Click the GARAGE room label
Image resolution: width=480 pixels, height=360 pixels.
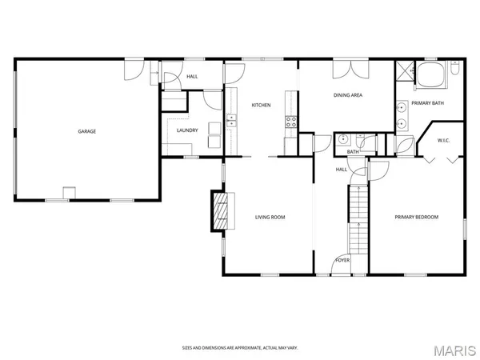tap(86, 131)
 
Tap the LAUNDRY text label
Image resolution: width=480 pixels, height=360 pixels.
tap(187, 131)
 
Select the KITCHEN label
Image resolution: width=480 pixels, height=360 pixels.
tap(262, 106)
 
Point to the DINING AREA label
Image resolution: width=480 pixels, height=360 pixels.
tap(348, 95)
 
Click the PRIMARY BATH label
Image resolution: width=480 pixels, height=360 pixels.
tap(428, 103)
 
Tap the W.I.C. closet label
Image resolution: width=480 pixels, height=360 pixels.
tap(445, 142)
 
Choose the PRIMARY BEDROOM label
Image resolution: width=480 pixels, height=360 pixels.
tap(416, 218)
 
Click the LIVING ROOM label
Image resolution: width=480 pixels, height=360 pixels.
tap(270, 218)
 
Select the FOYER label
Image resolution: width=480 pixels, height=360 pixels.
tap(342, 260)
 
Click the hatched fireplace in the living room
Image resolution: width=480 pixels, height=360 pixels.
tap(218, 210)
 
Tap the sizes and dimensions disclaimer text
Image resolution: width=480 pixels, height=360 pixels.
tap(239, 348)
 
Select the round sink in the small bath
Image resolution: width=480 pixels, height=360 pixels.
tap(342, 138)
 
